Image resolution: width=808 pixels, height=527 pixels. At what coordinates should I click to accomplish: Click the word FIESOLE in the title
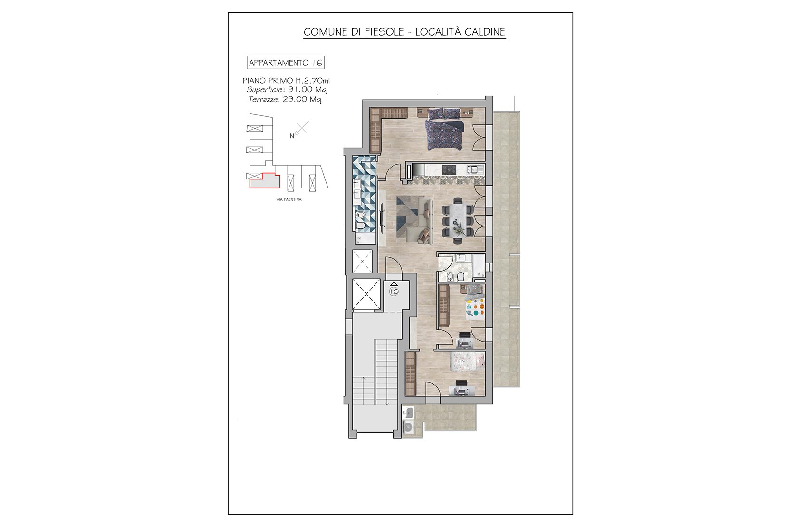tap(384, 32)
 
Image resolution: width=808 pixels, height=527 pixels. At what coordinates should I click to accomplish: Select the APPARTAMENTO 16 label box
tap(285, 63)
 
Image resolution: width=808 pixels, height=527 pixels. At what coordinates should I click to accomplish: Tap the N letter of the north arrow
tap(292, 136)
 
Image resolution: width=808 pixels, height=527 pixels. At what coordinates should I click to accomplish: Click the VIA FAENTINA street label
tap(289, 199)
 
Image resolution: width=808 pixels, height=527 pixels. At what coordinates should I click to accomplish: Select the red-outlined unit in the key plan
tap(265, 181)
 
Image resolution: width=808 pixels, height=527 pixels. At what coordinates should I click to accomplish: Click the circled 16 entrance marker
tap(394, 292)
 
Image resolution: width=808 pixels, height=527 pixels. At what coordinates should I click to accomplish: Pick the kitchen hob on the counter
tap(449, 169)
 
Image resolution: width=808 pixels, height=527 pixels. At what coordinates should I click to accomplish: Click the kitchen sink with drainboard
tap(475, 169)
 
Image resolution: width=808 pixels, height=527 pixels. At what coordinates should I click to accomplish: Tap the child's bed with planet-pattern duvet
tap(474, 302)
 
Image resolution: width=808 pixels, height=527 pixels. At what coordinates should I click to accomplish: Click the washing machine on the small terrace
tap(409, 427)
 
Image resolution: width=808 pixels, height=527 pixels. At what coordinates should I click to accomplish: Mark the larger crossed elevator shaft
tap(366, 294)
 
